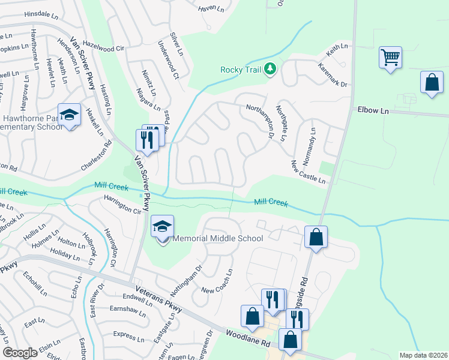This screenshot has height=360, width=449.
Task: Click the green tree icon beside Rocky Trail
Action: (271, 70)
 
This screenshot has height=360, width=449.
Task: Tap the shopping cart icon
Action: (390, 58)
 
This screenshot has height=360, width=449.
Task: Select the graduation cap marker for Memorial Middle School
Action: (162, 227)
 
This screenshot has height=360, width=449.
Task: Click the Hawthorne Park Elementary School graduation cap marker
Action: (69, 114)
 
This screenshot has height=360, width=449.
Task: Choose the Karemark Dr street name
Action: (333, 75)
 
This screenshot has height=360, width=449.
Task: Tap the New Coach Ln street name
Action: (217, 281)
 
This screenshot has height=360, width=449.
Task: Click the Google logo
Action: (20, 353)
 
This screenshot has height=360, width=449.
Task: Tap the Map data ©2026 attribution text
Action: (423, 355)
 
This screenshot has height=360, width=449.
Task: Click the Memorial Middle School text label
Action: (218, 238)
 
